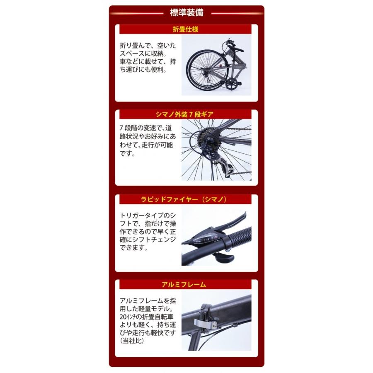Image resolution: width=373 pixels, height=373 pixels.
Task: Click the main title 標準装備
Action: click(x=186, y=13)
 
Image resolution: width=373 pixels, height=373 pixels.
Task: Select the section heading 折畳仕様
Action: click(x=186, y=29)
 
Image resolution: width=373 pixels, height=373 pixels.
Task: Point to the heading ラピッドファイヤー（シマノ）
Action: click(x=186, y=199)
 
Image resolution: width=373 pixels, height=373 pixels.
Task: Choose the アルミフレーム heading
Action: click(x=186, y=285)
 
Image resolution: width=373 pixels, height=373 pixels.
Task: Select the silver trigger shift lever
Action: click(x=223, y=258)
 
